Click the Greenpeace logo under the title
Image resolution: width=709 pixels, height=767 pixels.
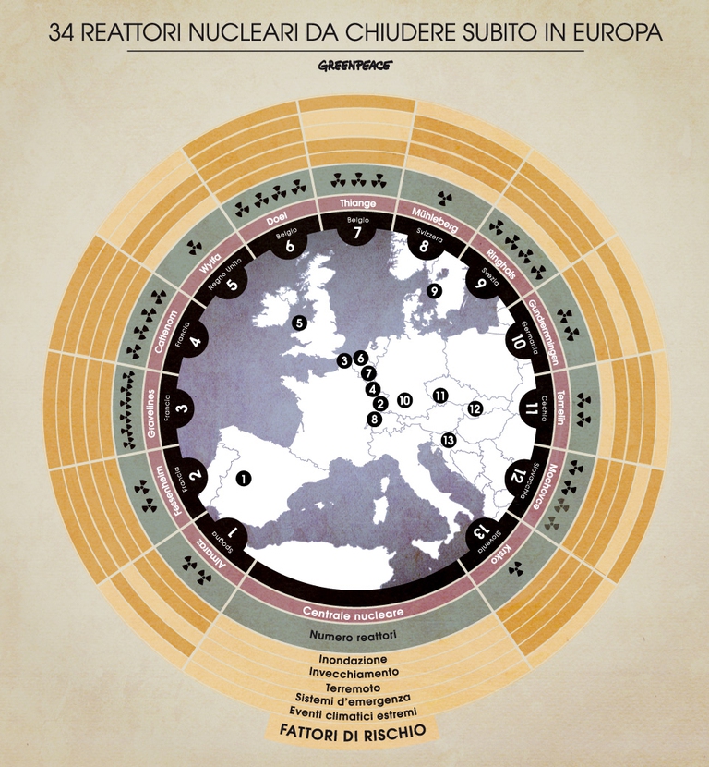[x=355, y=67]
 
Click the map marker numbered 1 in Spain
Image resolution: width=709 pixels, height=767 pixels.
[x=244, y=478]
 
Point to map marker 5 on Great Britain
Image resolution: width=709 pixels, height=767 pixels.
[x=298, y=323]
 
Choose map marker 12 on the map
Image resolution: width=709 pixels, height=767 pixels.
[x=475, y=408]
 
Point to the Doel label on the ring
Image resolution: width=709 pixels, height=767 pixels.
[x=278, y=220]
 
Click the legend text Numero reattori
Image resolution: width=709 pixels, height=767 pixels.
[x=354, y=637]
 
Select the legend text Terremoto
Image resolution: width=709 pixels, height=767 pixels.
[x=354, y=688]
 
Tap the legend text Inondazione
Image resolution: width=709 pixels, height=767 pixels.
[x=354, y=661]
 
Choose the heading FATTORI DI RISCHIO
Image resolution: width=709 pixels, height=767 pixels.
[x=354, y=729]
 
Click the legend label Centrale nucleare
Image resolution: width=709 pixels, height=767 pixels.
[x=354, y=612]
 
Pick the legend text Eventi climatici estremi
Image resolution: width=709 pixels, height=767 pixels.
[x=354, y=712]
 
